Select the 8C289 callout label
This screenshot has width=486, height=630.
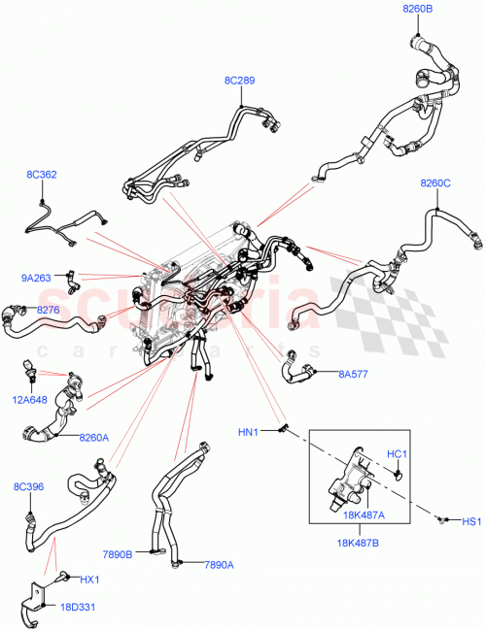click(238, 81)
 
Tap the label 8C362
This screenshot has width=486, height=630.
click(41, 175)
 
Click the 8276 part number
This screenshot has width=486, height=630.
click(49, 310)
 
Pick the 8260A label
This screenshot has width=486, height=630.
click(94, 438)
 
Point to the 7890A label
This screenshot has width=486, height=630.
click(219, 563)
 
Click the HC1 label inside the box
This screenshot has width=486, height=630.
click(397, 453)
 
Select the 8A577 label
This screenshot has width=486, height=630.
click(353, 373)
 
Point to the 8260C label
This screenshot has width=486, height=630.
click(435, 183)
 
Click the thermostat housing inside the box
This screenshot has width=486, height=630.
click(350, 472)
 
